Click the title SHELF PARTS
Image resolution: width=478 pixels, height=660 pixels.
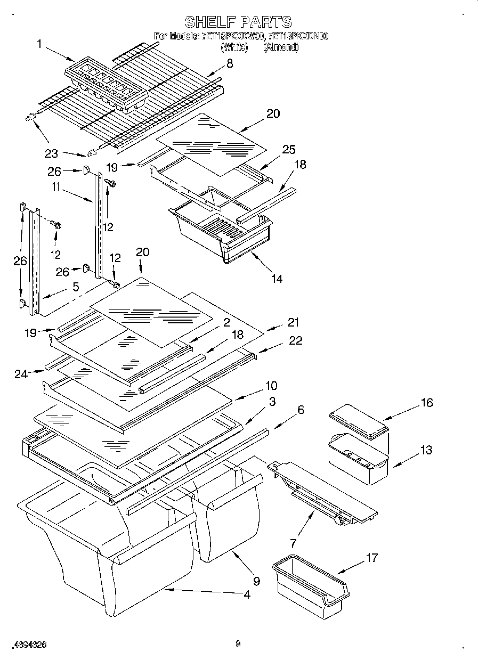238,22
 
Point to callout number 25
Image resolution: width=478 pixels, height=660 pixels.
289,149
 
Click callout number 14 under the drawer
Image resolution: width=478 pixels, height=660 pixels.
276,278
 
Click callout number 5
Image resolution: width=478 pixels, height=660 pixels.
76,287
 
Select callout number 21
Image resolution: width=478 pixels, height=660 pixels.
293,322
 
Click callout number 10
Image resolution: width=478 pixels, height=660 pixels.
271,385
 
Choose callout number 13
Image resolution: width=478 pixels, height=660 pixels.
426,450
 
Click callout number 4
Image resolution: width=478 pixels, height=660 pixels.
246,594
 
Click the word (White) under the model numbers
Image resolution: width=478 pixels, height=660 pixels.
234,47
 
